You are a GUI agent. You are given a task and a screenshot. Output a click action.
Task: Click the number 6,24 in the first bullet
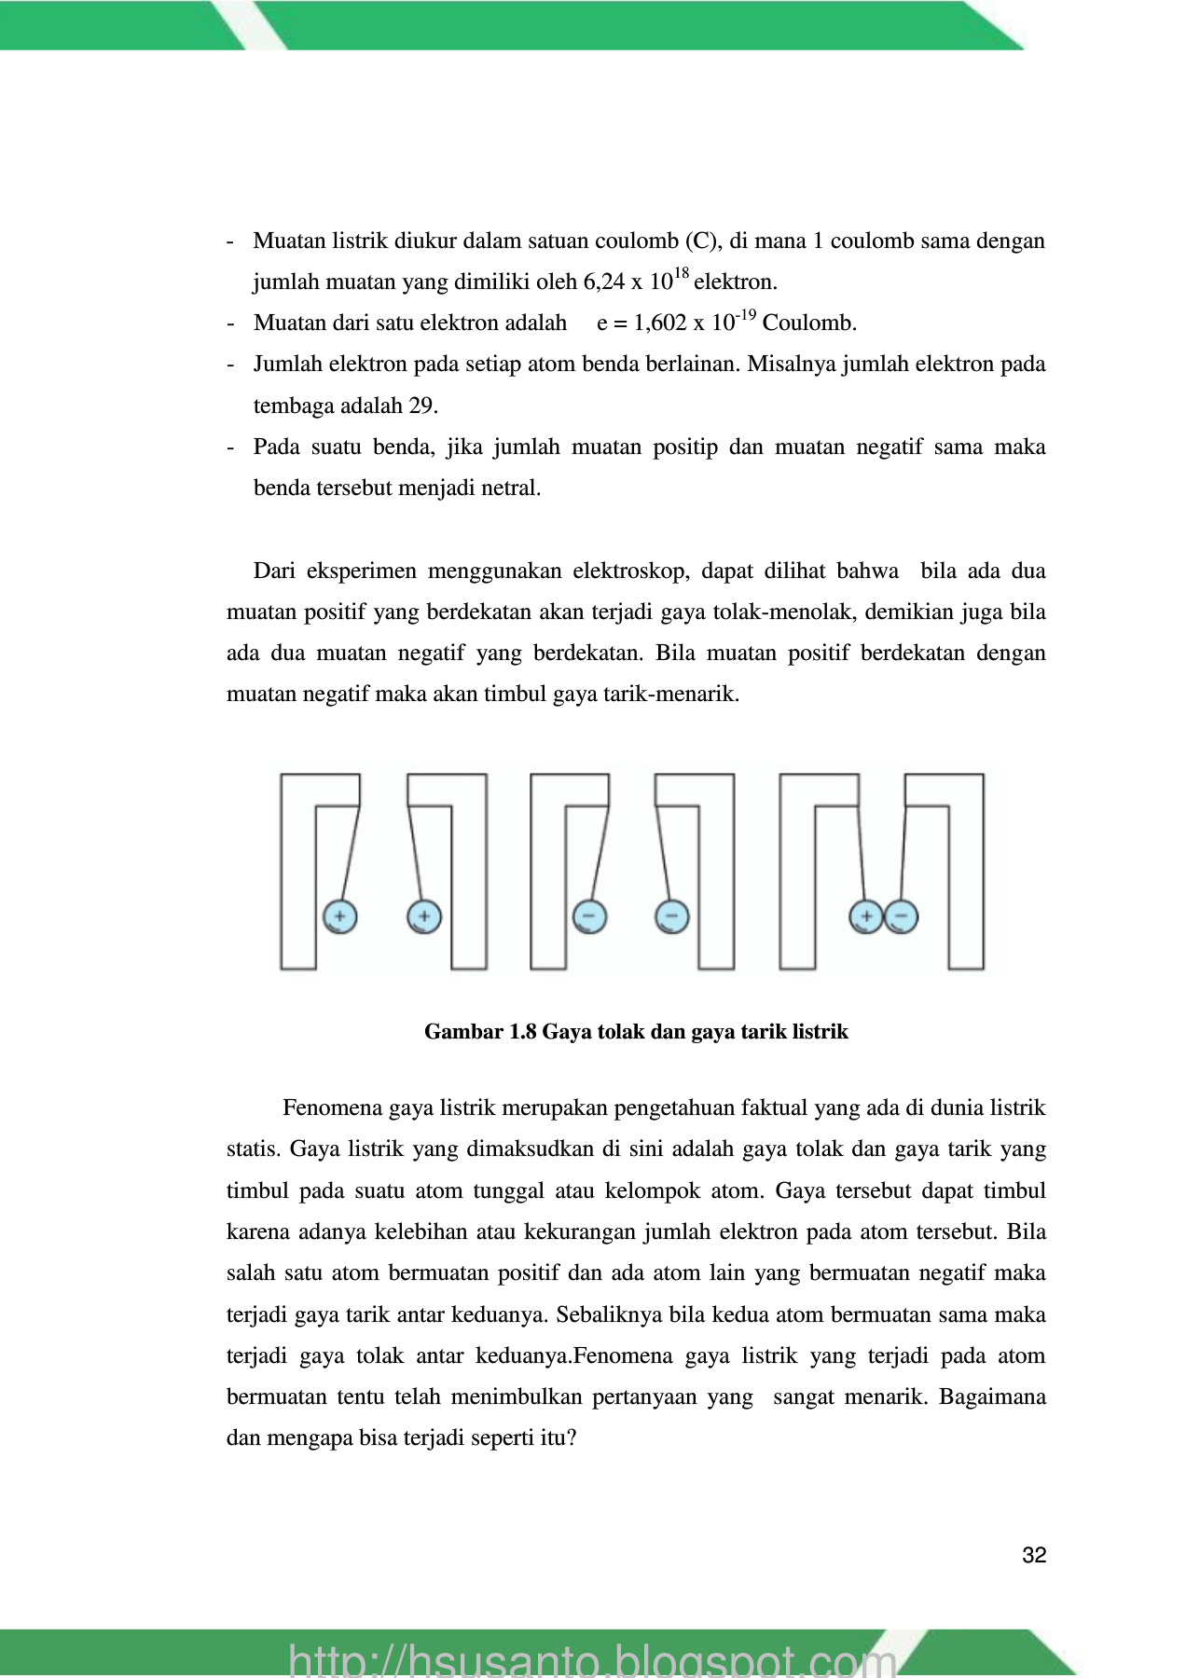point(603,282)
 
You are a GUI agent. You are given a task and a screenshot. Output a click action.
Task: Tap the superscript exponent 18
point(681,273)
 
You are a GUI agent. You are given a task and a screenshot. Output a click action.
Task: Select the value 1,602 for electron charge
point(660,323)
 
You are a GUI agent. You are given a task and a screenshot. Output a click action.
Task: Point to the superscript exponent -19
point(745,315)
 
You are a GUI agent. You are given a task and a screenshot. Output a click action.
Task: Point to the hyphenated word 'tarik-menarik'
point(679,694)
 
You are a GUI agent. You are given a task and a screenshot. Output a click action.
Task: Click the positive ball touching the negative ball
point(866,916)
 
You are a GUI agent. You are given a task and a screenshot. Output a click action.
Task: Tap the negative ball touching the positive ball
point(901,916)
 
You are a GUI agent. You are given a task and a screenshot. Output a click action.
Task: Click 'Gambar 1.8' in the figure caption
point(480,1031)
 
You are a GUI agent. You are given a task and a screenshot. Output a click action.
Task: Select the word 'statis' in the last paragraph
point(252,1148)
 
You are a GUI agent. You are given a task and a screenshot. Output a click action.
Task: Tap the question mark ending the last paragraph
point(572,1437)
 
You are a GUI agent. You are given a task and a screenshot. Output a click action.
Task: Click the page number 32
point(1034,1555)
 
